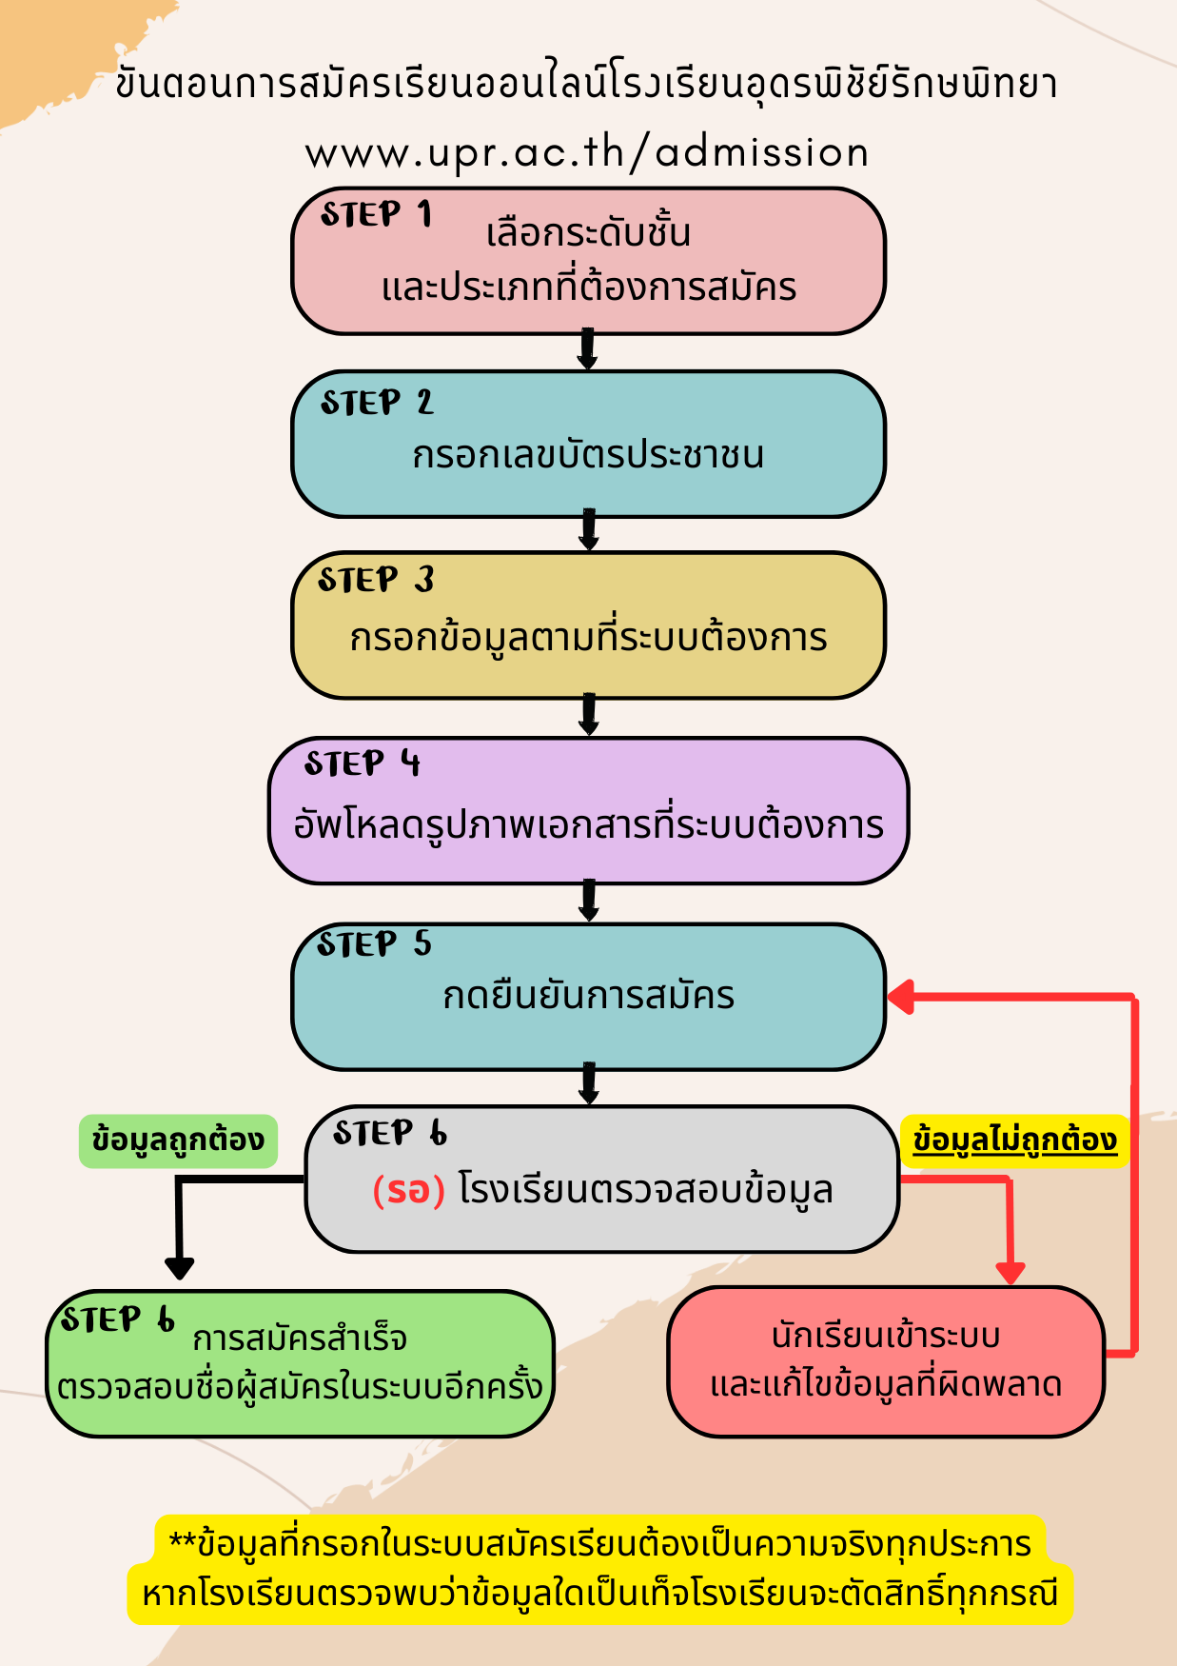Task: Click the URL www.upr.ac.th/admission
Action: tap(587, 153)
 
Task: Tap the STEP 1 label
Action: tap(376, 215)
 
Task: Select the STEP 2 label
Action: tap(376, 403)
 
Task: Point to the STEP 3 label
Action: tap(375, 580)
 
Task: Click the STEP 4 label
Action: tap(362, 764)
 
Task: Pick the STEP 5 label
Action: tap(374, 943)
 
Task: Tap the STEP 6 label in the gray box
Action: tap(389, 1133)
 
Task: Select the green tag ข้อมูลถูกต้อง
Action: tap(178, 1140)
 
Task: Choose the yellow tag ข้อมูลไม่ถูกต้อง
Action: tap(1014, 1140)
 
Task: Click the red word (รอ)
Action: tap(408, 1190)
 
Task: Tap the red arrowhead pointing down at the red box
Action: tap(1010, 1272)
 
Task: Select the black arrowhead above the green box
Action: tap(179, 1268)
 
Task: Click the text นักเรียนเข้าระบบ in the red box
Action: tap(885, 1336)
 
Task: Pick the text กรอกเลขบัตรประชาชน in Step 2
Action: tap(588, 455)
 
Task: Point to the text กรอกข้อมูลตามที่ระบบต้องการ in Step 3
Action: tap(588, 638)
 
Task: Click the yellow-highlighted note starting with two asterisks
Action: tap(599, 1568)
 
